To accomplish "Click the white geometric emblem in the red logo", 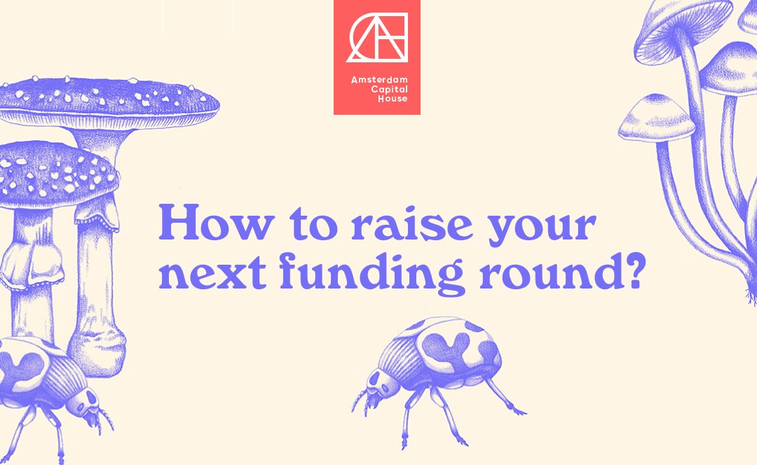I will click(377, 36).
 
